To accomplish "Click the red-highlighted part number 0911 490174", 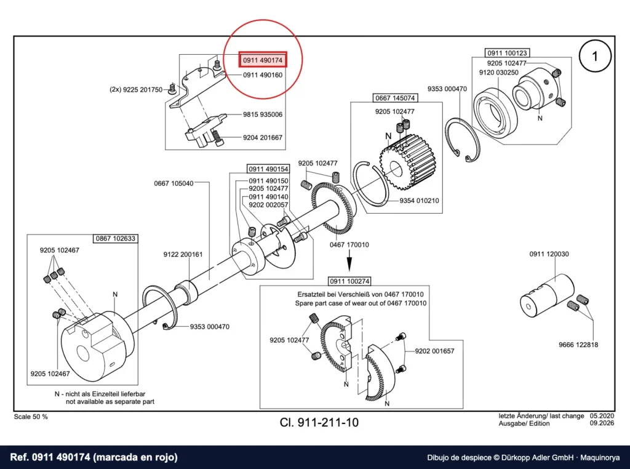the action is tap(263, 60).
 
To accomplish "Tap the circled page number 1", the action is tap(595, 56).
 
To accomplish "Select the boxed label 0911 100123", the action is tap(507, 53).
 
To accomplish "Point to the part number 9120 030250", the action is tap(498, 73).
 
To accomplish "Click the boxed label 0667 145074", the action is tap(395, 98).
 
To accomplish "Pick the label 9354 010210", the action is tap(419, 201).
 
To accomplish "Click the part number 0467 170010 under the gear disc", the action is tap(349, 245).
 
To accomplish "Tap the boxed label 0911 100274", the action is tap(349, 281).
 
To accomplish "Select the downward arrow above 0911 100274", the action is tap(349, 260).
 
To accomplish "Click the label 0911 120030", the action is tap(549, 254).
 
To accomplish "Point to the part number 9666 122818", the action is tap(578, 345).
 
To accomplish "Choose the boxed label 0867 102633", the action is tap(116, 238).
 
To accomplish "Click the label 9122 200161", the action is tap(183, 254).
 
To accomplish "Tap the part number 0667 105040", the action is tap(173, 183).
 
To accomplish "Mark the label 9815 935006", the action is tap(263, 114).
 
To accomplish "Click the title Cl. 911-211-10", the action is tap(319, 422).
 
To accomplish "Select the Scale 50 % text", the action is tap(31, 417).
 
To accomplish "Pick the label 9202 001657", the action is tap(435, 351).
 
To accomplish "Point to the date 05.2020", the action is tap(602, 416).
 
